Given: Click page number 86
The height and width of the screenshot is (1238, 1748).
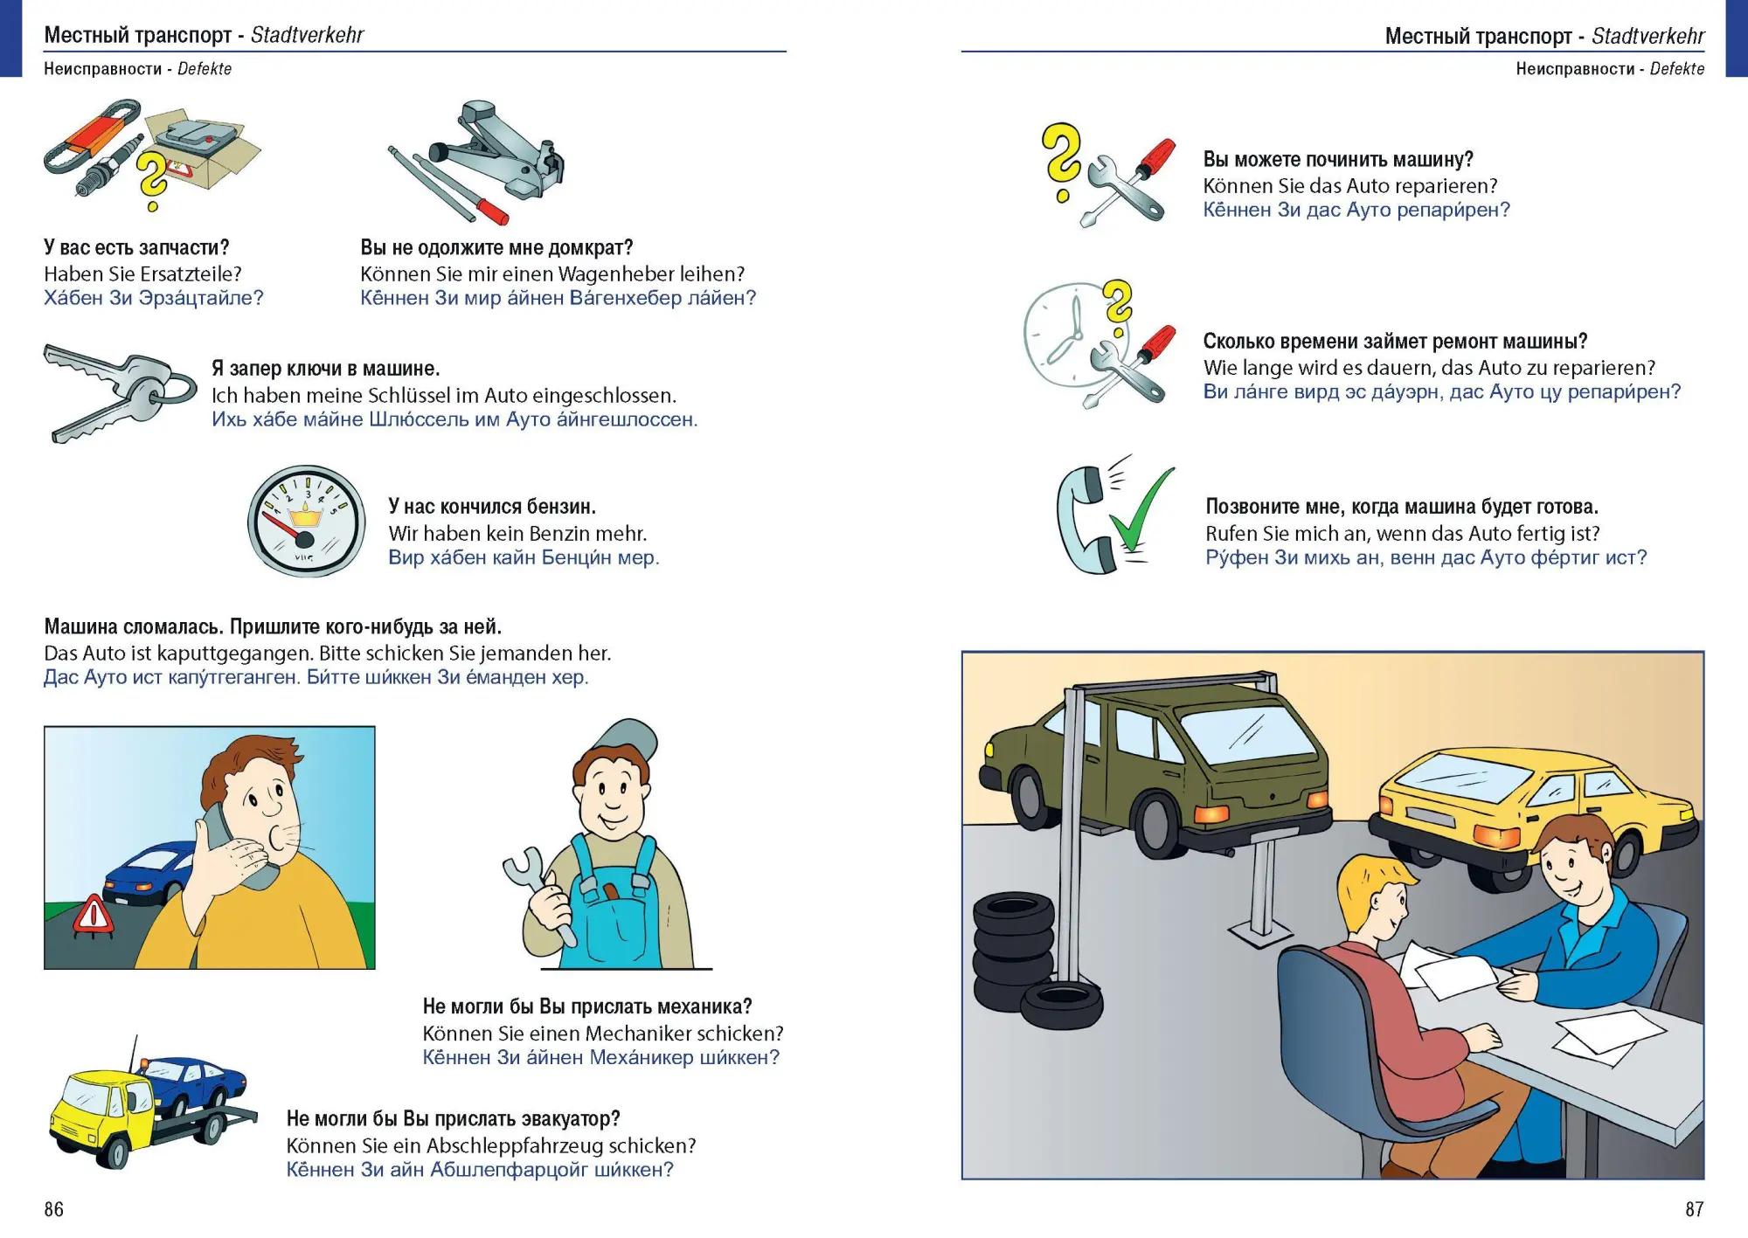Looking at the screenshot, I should tap(54, 1209).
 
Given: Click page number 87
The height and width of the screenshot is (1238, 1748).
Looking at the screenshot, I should tap(1694, 1209).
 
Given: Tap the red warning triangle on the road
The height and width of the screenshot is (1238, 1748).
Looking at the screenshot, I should tap(90, 916).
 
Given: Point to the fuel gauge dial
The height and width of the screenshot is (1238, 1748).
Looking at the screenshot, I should tap(306, 521).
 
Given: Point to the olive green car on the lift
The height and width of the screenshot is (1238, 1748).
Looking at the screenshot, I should tap(1162, 769).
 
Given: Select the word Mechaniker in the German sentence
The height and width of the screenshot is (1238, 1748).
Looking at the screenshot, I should tap(637, 1034).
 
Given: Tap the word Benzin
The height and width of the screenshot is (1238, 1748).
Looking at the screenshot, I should tap(533, 534).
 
